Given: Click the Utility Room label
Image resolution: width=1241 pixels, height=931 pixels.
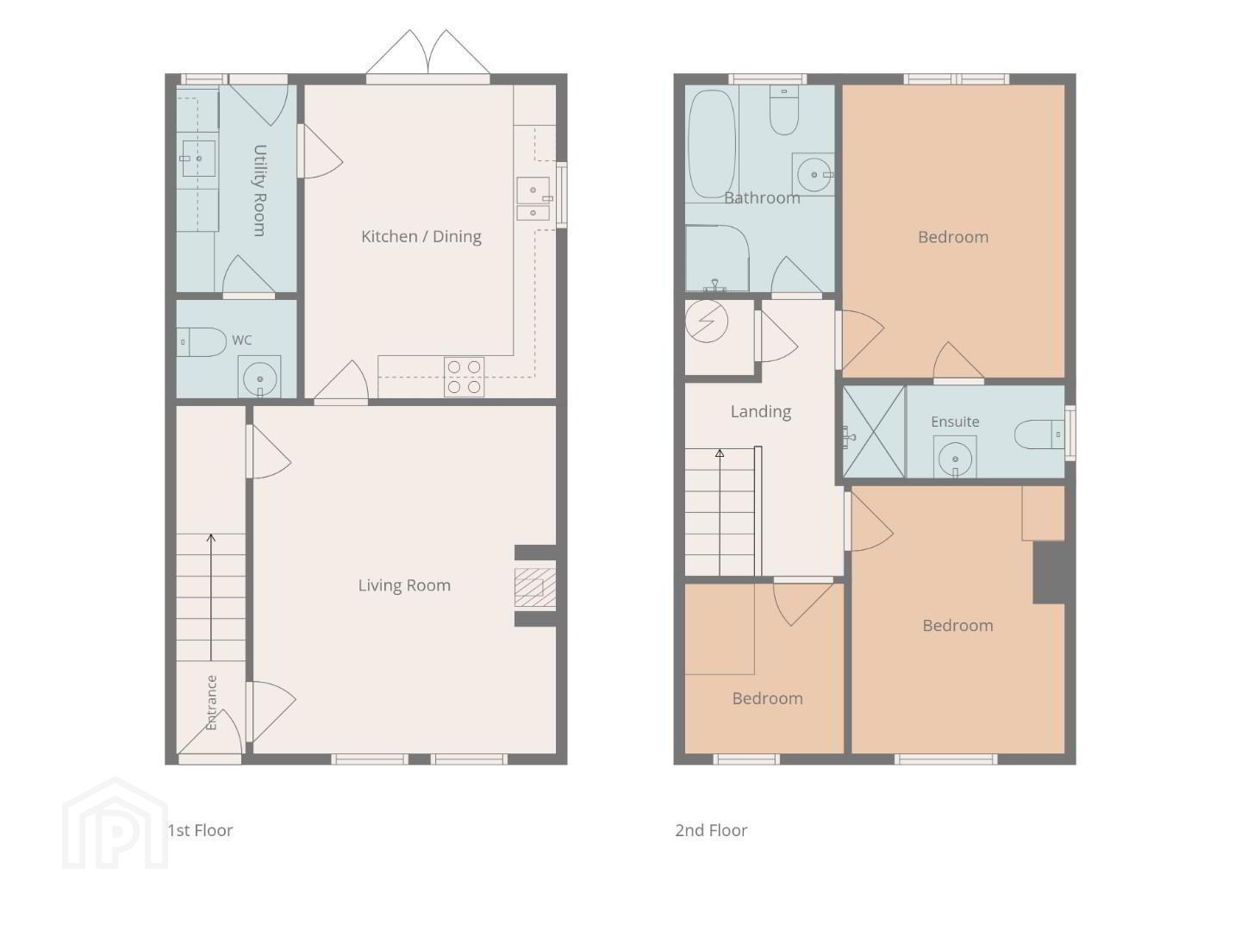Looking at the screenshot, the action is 259,191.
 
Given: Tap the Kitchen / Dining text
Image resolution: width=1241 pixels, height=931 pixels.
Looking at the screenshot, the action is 421,236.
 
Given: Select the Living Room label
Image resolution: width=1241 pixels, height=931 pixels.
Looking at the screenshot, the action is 404,585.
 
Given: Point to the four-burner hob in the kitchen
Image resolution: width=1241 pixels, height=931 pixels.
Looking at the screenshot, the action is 464,377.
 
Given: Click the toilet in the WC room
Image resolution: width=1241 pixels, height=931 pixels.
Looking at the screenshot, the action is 202,342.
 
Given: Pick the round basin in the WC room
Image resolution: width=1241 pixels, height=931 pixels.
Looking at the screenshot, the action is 259,378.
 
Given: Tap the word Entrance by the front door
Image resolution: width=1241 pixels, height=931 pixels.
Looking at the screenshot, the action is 211,703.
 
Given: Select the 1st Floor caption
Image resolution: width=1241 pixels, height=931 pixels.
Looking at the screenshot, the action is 200,830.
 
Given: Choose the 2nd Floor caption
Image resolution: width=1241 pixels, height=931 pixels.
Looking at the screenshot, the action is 711,830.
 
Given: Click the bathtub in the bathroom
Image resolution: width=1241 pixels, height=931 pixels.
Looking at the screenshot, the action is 712,144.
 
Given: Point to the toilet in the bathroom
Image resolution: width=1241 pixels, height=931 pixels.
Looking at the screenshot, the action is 784,109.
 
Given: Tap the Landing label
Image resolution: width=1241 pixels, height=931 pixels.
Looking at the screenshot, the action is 760,412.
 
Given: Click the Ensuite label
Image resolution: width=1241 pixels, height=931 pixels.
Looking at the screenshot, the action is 955,422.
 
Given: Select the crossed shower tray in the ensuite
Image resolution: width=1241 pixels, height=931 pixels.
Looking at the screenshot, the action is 874,433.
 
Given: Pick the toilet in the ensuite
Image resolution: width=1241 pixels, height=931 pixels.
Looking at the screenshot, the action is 1039,434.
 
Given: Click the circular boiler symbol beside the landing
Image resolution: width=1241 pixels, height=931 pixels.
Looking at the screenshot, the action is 706,321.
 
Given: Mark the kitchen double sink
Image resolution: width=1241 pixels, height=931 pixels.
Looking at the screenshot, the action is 533,198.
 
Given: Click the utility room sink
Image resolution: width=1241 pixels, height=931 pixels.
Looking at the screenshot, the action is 198,159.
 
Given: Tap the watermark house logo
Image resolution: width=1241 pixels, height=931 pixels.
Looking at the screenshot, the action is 115,823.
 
